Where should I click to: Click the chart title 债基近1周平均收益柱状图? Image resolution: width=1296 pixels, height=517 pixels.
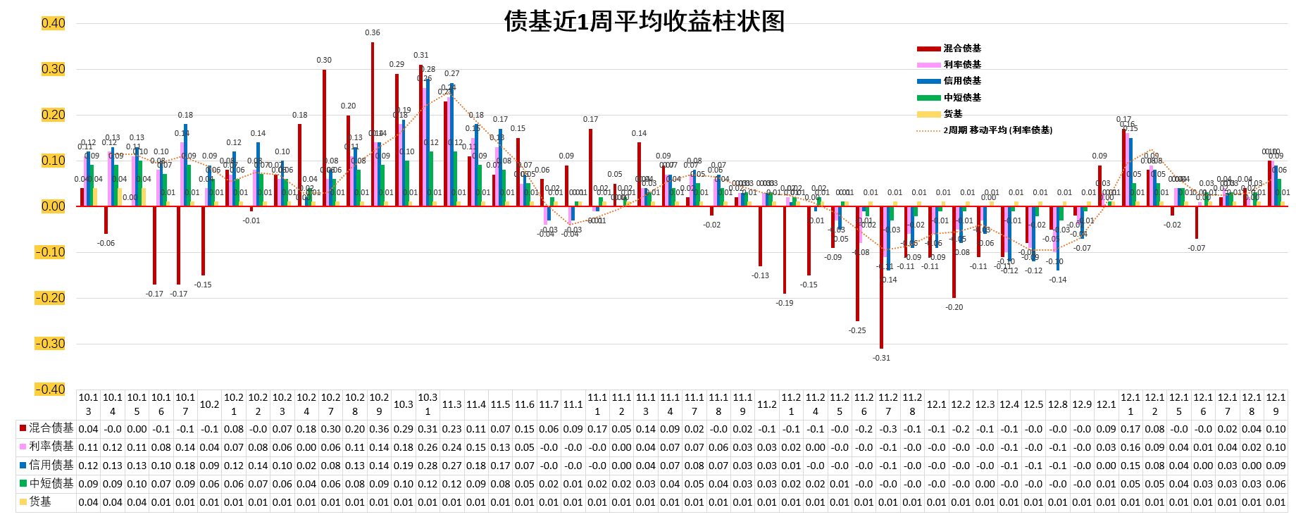tap(644, 21)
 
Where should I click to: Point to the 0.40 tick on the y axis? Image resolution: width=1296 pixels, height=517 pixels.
tap(53, 23)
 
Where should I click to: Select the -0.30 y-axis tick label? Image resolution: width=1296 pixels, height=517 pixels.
tap(50, 344)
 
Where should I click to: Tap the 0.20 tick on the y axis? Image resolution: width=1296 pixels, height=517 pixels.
tap(53, 115)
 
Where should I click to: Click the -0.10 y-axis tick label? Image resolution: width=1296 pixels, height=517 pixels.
tap(50, 252)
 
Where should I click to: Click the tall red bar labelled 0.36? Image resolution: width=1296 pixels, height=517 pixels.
tap(373, 124)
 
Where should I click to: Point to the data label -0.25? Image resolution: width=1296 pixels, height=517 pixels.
tap(857, 330)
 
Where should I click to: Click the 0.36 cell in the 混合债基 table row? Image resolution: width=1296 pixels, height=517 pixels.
tap(379, 428)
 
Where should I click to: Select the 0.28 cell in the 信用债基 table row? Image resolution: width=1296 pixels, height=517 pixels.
tap(428, 465)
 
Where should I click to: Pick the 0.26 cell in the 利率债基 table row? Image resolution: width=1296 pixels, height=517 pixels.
tap(428, 447)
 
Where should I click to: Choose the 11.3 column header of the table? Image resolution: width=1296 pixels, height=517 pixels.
tap(451, 404)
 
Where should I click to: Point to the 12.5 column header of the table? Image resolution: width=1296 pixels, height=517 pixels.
tap(1033, 404)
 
